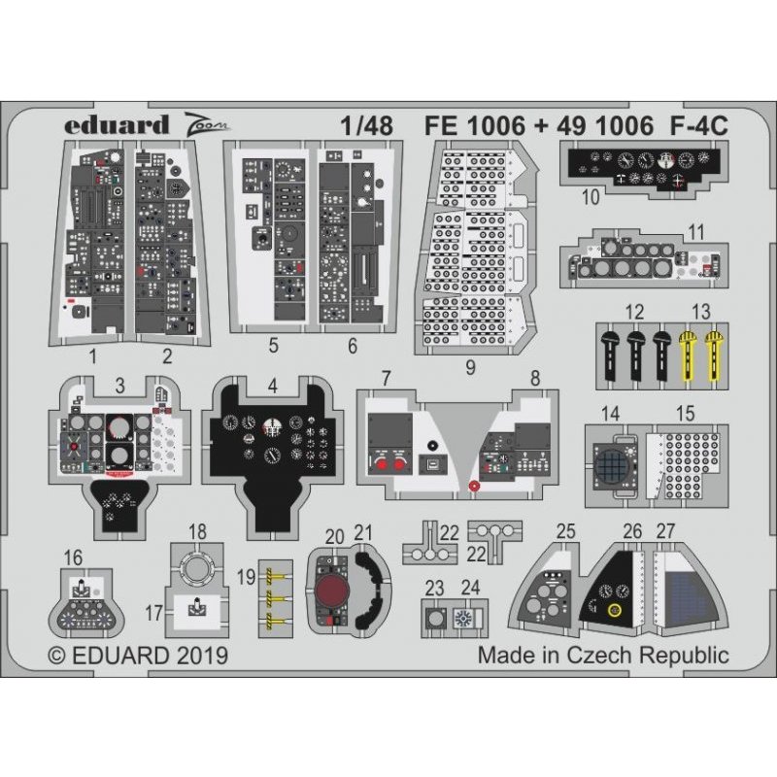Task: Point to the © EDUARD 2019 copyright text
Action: (138, 656)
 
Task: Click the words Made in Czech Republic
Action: (602, 655)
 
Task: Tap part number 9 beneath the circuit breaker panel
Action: (470, 367)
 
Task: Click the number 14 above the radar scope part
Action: (610, 414)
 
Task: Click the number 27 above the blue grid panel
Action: (665, 531)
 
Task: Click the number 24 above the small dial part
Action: (470, 586)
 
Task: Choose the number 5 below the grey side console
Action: (274, 345)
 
